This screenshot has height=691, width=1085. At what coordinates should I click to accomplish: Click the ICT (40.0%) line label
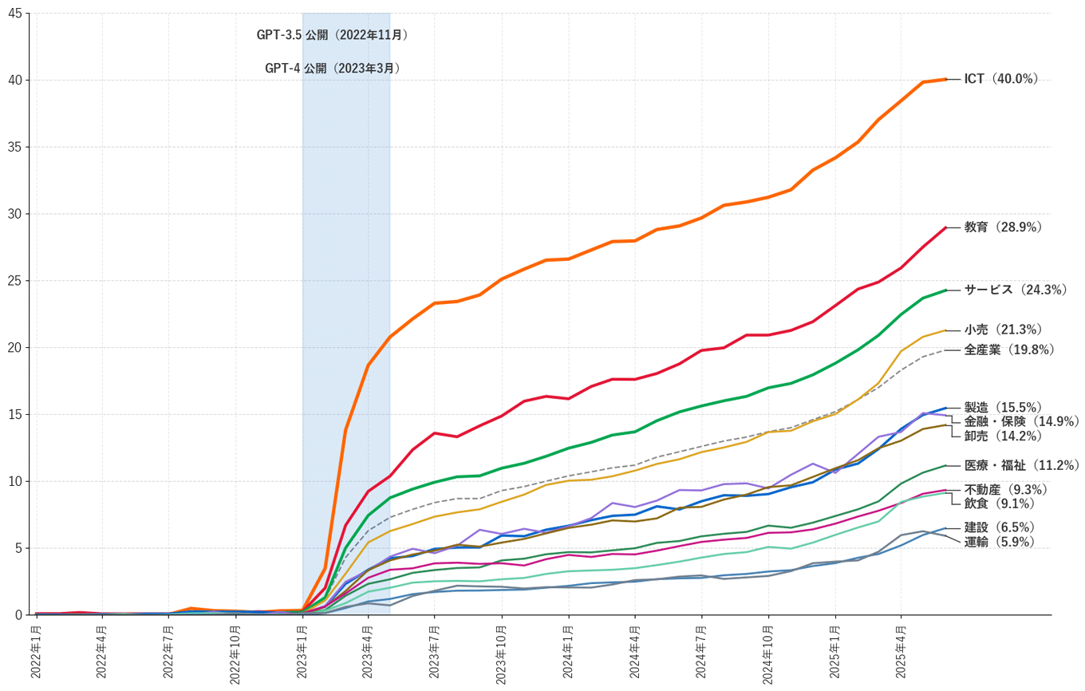tap(1000, 79)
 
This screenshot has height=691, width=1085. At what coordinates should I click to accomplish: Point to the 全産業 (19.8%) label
tap(1009, 349)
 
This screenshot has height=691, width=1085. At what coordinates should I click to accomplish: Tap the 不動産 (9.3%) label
tap(1006, 489)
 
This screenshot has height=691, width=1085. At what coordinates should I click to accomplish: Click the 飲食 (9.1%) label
tap(999, 503)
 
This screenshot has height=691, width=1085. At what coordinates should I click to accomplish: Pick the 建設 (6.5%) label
tap(999, 527)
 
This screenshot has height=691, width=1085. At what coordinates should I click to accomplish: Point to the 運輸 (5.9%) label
tap(999, 542)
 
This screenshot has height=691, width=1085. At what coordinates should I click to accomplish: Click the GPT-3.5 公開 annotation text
tap(332, 35)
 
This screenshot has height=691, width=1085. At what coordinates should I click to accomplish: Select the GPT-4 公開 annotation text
tap(332, 69)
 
